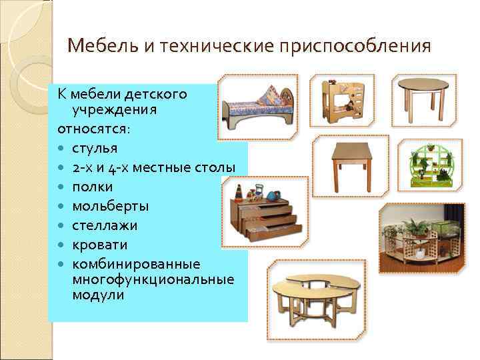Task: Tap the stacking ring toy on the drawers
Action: [239, 194]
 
